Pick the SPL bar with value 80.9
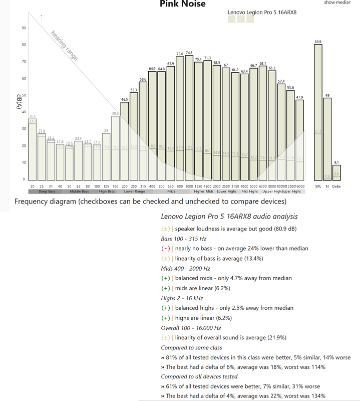click(318, 112)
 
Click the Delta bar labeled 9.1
click(337, 173)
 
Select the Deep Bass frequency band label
click(45, 191)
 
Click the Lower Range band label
click(134, 191)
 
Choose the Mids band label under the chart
click(171, 191)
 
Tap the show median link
click(337, 3)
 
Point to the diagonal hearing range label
click(65, 46)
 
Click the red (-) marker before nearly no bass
click(165, 248)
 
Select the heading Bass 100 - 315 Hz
click(184, 238)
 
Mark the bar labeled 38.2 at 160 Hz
click(115, 148)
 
